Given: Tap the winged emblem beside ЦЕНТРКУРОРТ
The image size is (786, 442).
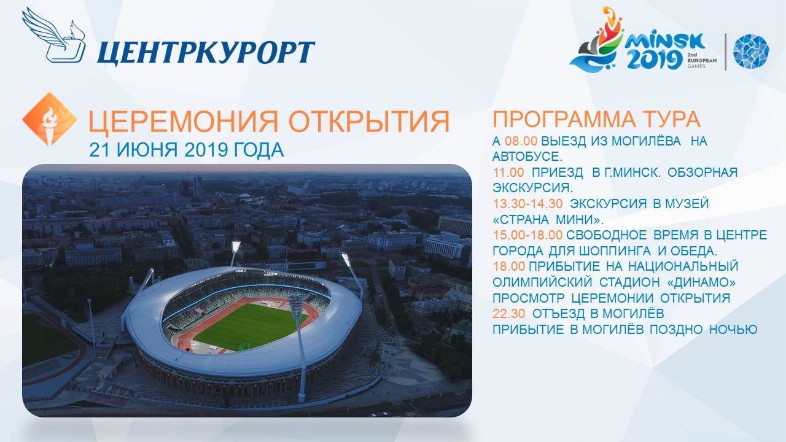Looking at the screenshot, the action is (x=53, y=35).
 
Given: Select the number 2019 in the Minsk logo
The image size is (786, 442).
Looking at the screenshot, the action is (x=655, y=60).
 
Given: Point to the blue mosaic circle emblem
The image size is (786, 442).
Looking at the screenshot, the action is (x=751, y=51).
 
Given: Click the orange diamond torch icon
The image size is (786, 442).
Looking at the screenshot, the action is (x=50, y=119).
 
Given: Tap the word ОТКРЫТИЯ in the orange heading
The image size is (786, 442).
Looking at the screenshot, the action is (x=369, y=122).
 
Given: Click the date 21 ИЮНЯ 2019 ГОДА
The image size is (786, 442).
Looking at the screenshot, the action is (x=186, y=150).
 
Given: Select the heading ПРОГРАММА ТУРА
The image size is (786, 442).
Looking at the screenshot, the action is (x=597, y=119).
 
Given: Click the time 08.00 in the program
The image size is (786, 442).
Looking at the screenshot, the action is (x=521, y=141).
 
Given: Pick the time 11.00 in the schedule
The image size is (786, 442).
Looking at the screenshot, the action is (x=508, y=173).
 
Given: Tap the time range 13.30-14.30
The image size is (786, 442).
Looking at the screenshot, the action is (x=527, y=203).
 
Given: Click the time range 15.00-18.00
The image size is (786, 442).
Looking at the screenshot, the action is (x=527, y=235).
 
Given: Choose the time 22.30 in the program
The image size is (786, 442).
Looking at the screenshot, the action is (x=509, y=313).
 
